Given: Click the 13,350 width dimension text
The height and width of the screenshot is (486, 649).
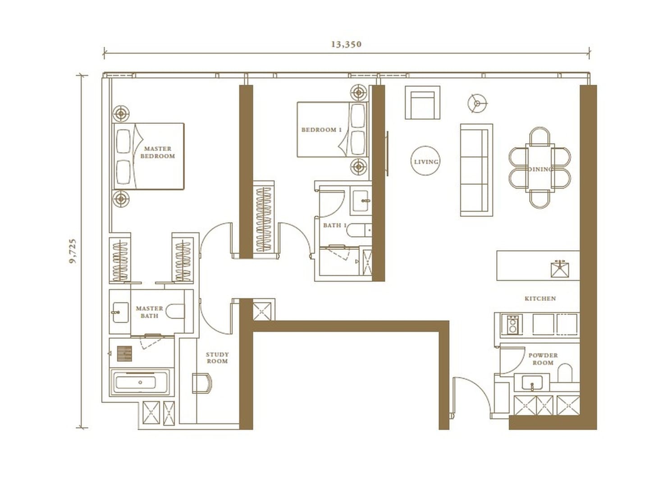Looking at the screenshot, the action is coord(346,44).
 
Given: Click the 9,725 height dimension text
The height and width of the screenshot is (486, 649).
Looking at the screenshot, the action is coord(73,251).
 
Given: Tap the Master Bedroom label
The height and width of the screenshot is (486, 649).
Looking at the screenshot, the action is coord(157,152).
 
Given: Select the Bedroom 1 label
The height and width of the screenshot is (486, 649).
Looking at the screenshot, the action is coord(321,130).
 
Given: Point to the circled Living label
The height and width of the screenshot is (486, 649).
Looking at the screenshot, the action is coord(426,162).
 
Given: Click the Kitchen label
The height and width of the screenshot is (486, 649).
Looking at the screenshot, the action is coord(540,298).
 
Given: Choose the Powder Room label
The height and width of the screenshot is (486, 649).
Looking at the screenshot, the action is coord(543,359).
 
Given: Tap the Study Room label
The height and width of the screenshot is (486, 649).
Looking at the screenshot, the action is coord(217,357).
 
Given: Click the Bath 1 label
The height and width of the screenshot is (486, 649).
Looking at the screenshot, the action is coord(334,225).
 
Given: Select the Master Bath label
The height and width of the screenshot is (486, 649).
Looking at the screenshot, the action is coord(149,312).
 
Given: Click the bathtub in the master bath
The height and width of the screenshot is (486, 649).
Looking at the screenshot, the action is coord(140,382).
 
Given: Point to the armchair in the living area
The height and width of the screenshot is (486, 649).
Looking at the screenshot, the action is coord(422,103).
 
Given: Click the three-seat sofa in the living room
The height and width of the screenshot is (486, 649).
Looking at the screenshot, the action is coord(476,170).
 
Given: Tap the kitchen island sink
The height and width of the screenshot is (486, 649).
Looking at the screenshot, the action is coord(560,269).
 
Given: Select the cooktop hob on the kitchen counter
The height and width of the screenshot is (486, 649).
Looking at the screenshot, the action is coord(512,324).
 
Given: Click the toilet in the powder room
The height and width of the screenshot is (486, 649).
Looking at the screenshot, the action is coord(565,373).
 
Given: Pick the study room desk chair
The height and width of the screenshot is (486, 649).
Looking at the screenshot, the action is coord(202,383).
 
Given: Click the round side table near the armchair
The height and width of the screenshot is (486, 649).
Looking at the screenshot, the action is coord(477,103).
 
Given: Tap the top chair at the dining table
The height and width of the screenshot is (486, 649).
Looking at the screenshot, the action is coord(539,136).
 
